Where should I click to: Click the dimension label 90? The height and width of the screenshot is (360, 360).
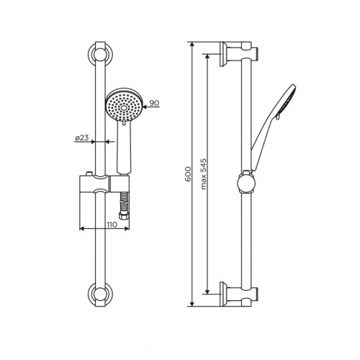154,104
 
